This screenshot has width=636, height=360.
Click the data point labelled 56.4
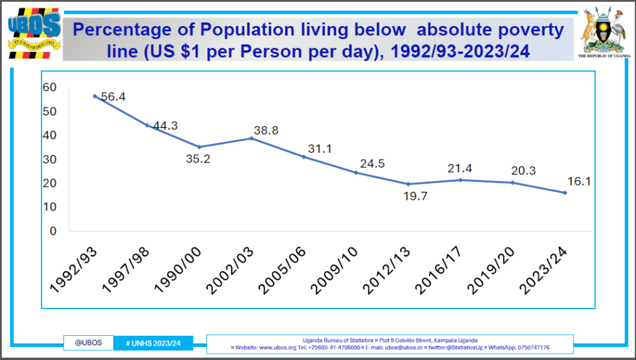point(94,96)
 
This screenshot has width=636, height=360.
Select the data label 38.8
point(266,131)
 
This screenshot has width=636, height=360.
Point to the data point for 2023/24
point(565,192)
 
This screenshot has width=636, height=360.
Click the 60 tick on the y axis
point(50,88)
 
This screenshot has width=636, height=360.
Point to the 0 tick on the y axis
point(53,232)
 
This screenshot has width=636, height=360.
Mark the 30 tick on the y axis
point(50,160)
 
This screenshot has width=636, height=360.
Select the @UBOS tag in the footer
point(88,343)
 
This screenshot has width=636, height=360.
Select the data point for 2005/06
point(304,156)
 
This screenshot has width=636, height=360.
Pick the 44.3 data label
point(165,126)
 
